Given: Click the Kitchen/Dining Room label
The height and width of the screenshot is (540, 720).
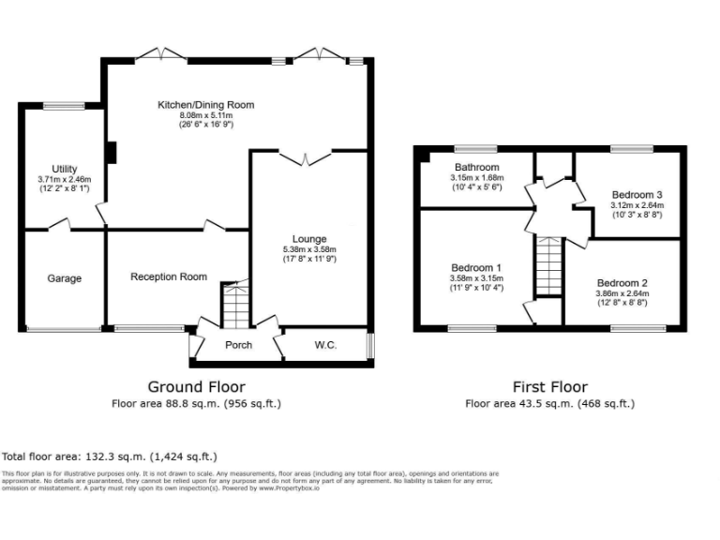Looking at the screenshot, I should click(205, 105).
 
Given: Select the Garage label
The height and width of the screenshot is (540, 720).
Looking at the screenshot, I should click(65, 278).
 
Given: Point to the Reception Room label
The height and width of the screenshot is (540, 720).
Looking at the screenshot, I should click(169, 277).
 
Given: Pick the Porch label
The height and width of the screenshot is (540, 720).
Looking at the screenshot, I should click(238, 345).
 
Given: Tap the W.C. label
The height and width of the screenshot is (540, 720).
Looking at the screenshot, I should click(325, 345).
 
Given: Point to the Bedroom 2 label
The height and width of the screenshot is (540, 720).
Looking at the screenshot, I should click(622, 282).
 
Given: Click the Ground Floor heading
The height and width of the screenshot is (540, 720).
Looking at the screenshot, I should click(197, 386).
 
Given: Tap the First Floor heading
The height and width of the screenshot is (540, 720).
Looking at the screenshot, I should click(549, 386).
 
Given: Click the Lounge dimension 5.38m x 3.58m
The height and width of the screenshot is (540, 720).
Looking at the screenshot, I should click(308, 249).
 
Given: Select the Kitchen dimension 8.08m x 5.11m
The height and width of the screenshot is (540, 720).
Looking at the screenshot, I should click(205, 115).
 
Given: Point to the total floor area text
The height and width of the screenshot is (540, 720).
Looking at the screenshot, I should click(110, 456).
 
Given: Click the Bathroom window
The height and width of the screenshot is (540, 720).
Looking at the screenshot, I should click(475, 148).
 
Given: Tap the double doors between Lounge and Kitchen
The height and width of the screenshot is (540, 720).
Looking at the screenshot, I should click(307, 157).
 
